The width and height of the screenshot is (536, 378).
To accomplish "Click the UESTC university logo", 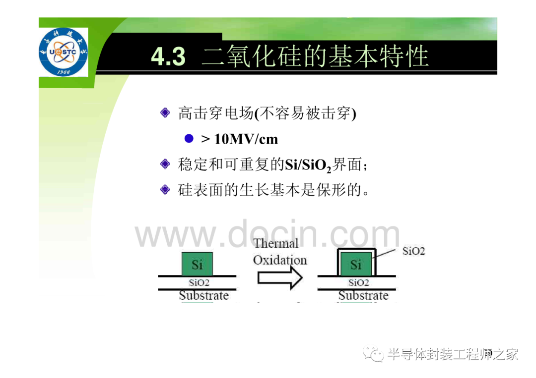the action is click(x=63, y=52).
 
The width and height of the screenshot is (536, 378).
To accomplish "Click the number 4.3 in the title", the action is click(x=168, y=56).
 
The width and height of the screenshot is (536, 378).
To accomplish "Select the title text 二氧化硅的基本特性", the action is click(x=315, y=56).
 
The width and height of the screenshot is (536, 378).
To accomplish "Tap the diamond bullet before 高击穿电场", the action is click(x=165, y=112).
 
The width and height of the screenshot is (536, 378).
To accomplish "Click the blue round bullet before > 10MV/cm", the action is click(x=189, y=138).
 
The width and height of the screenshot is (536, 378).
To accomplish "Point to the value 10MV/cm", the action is click(x=246, y=139).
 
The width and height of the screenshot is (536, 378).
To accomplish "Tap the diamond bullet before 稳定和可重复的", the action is click(x=165, y=164).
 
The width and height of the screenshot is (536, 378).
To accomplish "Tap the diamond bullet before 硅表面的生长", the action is click(x=165, y=189).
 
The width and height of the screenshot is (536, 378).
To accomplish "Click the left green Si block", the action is click(x=197, y=264).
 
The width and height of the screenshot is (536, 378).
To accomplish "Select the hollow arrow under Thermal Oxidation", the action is click(x=280, y=278).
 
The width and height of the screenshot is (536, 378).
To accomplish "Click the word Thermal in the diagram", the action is click(x=276, y=243).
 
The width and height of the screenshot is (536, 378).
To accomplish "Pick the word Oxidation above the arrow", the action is click(x=280, y=260).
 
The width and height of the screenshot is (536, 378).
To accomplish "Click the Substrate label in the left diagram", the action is click(x=204, y=295).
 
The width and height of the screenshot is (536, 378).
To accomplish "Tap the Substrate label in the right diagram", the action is click(x=363, y=295).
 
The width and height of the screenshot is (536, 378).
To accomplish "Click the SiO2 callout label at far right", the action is click(x=413, y=252).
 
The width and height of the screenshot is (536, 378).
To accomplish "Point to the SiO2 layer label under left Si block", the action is click(x=199, y=282).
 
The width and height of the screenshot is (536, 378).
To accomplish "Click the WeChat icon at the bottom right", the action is click(x=374, y=354).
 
